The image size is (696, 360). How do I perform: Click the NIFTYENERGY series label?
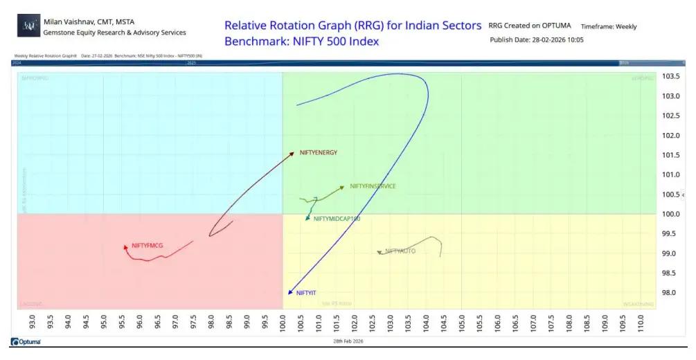(x=318, y=152)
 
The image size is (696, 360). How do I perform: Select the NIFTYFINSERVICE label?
(x=373, y=186)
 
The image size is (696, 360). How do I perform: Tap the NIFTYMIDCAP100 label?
(x=337, y=219)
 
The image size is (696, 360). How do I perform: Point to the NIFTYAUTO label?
(x=400, y=251)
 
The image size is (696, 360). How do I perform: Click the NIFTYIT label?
(x=306, y=293)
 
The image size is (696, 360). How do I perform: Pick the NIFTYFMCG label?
(x=147, y=245)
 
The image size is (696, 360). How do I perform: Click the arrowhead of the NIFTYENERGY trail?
(x=292, y=155)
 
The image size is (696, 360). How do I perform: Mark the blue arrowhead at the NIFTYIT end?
(x=291, y=292)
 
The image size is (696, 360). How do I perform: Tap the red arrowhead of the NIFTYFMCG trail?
(x=125, y=246)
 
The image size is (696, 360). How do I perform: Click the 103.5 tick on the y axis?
(x=671, y=76)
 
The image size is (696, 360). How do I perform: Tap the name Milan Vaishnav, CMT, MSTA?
(x=89, y=21)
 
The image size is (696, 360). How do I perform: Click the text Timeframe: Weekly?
(x=609, y=27)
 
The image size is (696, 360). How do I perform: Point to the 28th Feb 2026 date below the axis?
(x=348, y=341)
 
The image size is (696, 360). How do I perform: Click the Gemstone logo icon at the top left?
(x=28, y=26)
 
